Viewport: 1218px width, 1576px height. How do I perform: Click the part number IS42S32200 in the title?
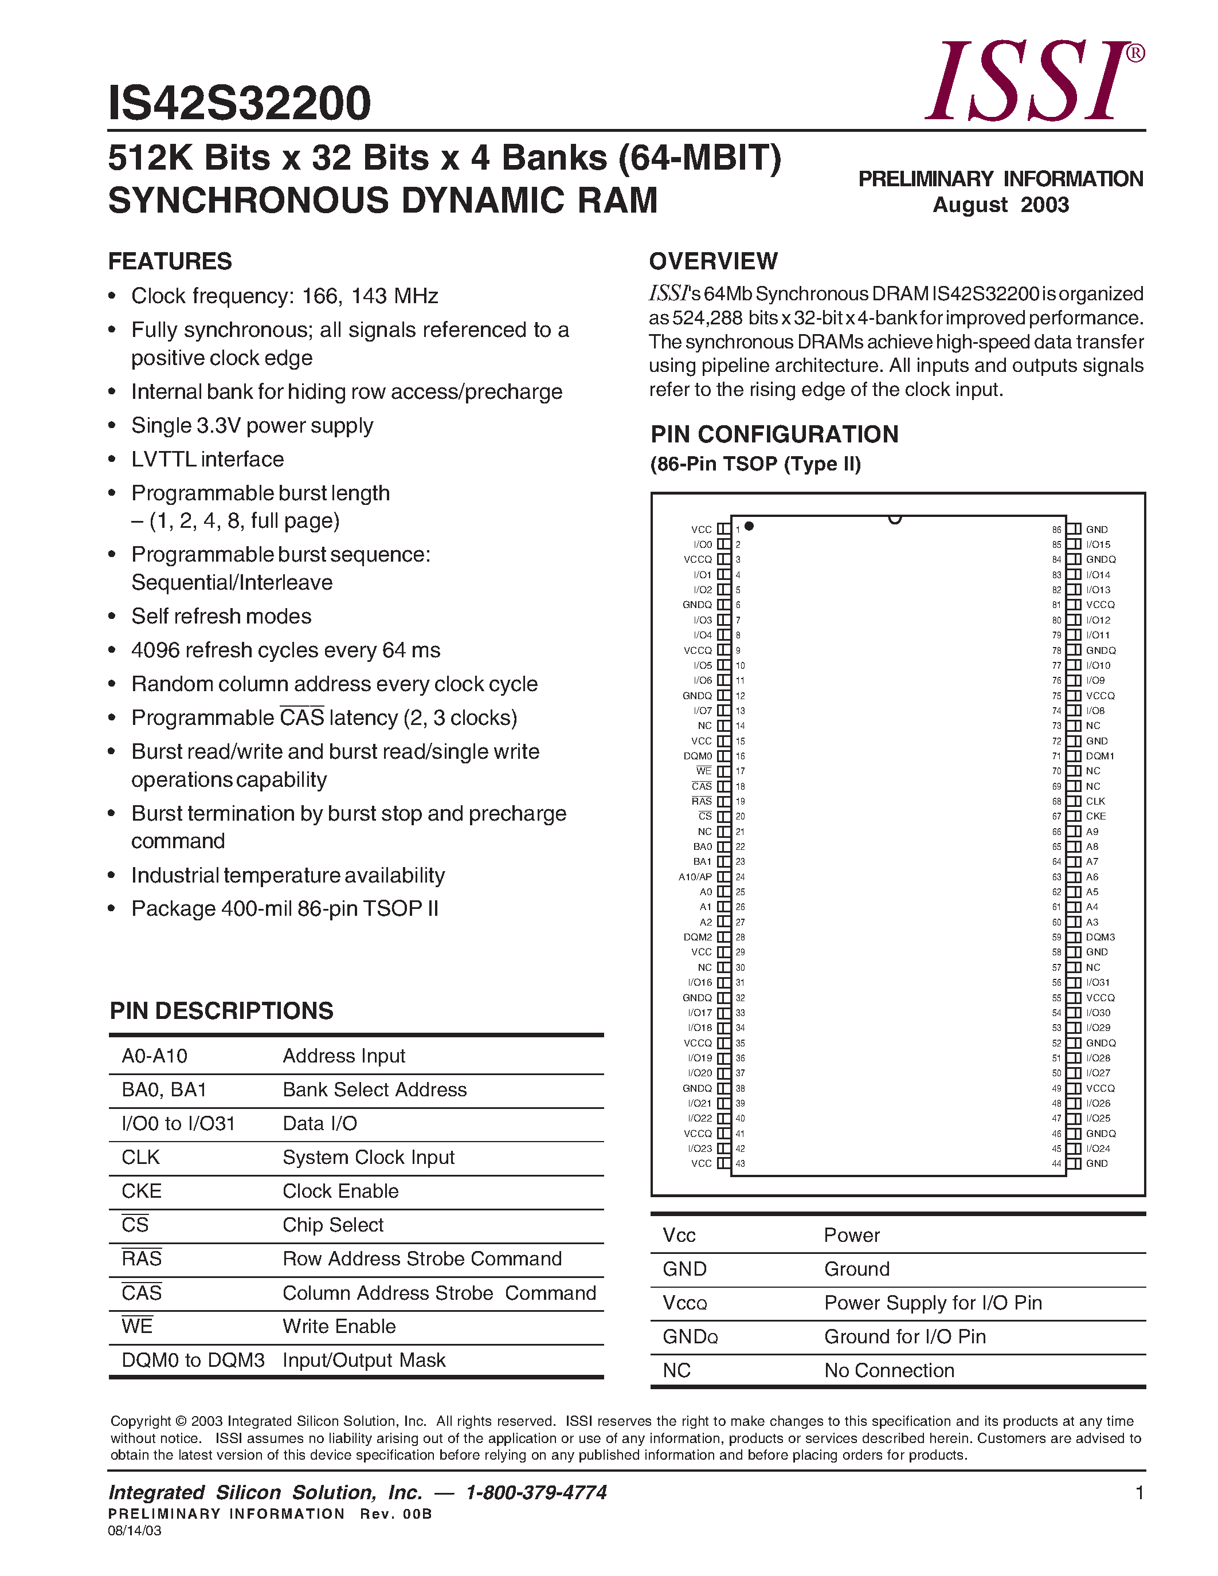[240, 103]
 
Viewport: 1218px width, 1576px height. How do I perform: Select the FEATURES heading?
[170, 261]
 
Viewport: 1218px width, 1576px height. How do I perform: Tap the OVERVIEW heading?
[713, 261]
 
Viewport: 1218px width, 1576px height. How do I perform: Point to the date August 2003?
[1000, 205]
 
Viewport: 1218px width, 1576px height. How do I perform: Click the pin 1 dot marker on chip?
[749, 526]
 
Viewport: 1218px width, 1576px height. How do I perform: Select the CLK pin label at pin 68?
[1095, 801]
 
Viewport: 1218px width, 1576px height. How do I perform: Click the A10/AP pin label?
[695, 877]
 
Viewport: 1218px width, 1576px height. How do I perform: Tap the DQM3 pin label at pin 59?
[1100, 936]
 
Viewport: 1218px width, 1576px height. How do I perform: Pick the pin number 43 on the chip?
[741, 1163]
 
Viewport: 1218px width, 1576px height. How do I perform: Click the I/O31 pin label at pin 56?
[1098, 982]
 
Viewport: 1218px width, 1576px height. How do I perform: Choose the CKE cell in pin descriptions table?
[142, 1191]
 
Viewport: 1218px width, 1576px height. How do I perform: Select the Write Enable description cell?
[339, 1326]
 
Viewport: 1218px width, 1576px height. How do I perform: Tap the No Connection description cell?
[889, 1370]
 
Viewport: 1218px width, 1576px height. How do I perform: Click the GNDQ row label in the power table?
[690, 1336]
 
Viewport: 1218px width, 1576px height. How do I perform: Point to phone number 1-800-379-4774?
[536, 1492]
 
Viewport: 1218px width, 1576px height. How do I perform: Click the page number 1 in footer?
[1139, 1493]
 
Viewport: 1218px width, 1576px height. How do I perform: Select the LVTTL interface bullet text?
[207, 459]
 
